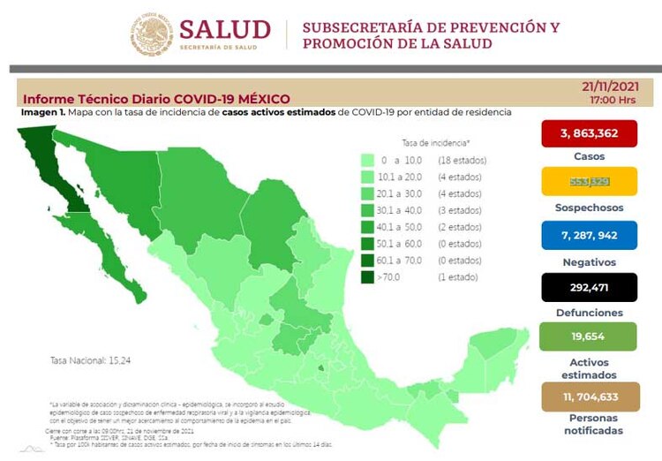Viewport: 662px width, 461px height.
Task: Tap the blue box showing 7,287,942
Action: tap(589, 236)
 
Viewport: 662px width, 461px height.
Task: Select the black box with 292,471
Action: tap(589, 287)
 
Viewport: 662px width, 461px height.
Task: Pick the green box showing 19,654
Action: tap(589, 336)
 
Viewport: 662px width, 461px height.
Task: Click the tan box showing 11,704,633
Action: tap(589, 397)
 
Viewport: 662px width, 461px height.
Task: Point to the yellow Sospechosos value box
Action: tap(589, 183)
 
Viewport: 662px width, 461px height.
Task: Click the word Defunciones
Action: tap(589, 313)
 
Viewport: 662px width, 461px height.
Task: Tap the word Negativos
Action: tap(589, 262)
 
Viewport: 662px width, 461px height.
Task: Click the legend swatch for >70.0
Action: tap(367, 277)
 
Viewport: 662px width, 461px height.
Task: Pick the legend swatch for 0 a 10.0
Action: tap(367, 160)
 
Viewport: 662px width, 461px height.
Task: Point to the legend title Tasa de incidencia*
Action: tap(435, 141)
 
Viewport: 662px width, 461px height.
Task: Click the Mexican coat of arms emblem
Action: tap(154, 34)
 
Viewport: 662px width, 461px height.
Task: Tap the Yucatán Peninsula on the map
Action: tap(500, 353)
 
